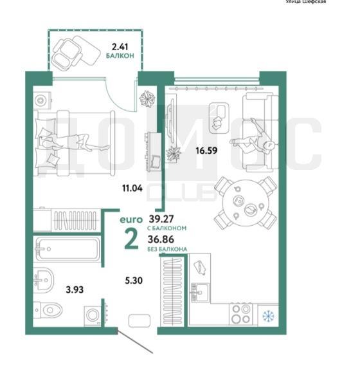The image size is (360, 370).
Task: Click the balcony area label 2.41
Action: coord(120,47)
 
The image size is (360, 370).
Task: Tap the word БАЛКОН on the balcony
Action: coord(120,56)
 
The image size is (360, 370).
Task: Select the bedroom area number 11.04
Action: coord(132,188)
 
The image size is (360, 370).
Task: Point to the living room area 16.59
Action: coord(206,151)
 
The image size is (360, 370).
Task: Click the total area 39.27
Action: coord(161,219)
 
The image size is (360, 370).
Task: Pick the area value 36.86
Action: coord(161,239)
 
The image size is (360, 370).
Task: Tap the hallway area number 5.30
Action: coord(134,281)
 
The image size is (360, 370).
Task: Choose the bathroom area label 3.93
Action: coord(75,290)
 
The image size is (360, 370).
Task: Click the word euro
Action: coord(131,219)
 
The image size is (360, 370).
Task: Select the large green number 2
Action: coord(131,239)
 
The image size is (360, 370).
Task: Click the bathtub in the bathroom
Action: coord(67,249)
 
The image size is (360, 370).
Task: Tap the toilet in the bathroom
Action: coord(48,310)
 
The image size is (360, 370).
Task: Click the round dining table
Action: coord(246,203)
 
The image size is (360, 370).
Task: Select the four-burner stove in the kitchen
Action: coord(240,314)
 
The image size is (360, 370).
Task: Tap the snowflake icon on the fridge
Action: coord(268,316)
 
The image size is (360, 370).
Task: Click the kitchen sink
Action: coord(200,292)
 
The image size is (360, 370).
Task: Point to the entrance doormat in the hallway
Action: coord(139,320)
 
